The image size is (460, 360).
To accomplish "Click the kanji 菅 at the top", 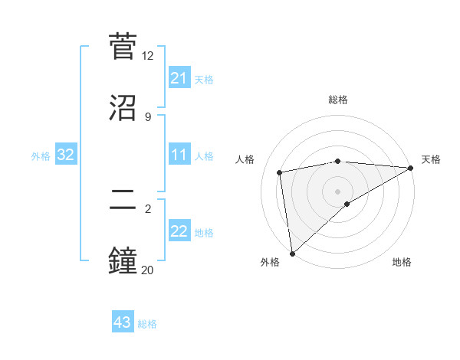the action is coord(124,47).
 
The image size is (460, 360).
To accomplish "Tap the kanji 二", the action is coord(124,200).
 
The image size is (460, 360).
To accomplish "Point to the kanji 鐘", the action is coord(124,260).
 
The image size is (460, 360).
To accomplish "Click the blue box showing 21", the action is coord(179,78).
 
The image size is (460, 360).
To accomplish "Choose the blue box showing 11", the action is coord(179,155).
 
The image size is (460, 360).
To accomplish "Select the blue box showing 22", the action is coord(179,231).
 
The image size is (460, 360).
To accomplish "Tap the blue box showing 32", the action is coord(66,155).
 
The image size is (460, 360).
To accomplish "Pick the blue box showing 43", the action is coord(123,322).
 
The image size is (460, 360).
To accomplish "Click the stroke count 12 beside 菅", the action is coord(148,56).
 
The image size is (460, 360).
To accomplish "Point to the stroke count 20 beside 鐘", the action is coord(148,269).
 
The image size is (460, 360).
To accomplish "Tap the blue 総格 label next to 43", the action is coord(147,324).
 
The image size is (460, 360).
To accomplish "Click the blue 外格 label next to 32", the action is coord(41,156).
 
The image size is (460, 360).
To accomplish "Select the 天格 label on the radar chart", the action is coord(431,159).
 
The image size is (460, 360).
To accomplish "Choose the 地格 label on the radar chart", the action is coord(402,262).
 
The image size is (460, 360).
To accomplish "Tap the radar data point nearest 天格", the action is coord(411,168).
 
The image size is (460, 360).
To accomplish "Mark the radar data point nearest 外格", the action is coord(291,254).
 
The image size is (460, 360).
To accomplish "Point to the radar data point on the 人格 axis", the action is coord(281,172).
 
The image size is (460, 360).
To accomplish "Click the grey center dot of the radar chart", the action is coord(337,191).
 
